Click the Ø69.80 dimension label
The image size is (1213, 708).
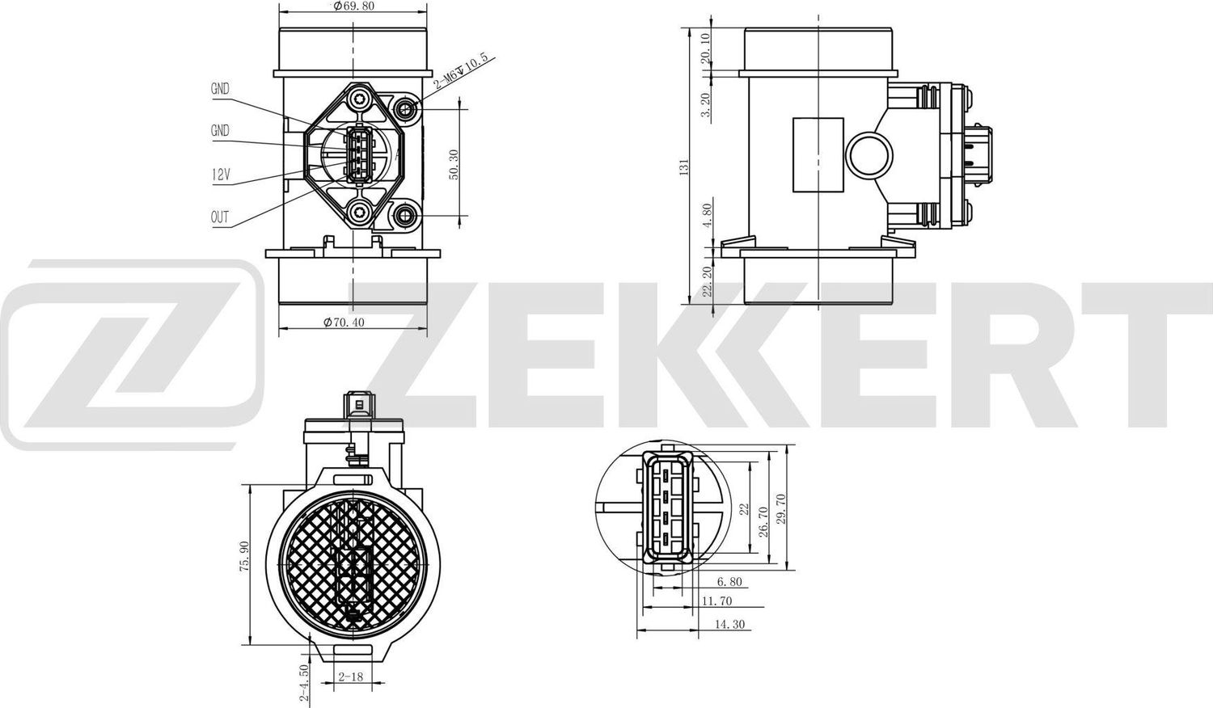point(353,6)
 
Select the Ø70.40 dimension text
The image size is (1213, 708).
point(344,322)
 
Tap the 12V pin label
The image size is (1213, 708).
point(221,174)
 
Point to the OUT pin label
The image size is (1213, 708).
point(220,217)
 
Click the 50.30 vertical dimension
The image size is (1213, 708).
point(454,164)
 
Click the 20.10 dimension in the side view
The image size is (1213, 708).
point(706,48)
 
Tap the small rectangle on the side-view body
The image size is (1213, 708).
point(817,154)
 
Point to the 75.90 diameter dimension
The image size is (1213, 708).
point(243,558)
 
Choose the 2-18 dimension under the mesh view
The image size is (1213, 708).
point(349,676)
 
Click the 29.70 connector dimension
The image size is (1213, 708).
point(780,508)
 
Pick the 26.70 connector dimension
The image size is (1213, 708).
point(762,518)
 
